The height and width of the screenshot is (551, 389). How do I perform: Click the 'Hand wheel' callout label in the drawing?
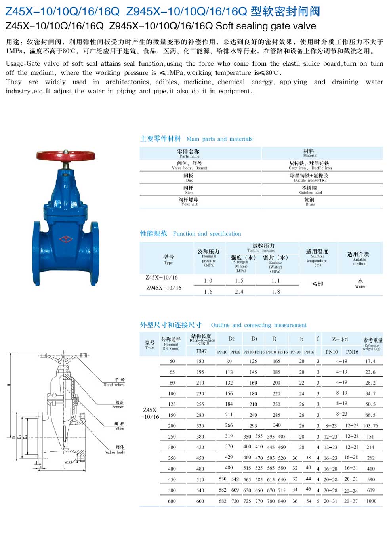click(114, 383)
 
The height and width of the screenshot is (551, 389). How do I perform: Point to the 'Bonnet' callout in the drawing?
click(118, 405)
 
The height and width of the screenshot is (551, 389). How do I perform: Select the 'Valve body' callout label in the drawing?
click(115, 450)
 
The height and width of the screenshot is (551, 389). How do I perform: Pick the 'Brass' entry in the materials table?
click(310, 202)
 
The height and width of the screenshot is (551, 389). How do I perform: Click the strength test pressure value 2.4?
click(239, 292)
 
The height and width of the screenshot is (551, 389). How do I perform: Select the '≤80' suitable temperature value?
click(318, 284)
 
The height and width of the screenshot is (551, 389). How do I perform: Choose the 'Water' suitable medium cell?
click(360, 284)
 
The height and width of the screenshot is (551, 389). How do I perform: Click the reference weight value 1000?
click(371, 501)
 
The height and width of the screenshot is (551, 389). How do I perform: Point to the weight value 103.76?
click(370, 426)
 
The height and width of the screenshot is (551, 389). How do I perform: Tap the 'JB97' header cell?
click(201, 351)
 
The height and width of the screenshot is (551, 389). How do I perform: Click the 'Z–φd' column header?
click(340, 339)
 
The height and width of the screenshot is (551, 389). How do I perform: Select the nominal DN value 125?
click(172, 404)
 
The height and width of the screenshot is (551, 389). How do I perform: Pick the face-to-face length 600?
click(200, 501)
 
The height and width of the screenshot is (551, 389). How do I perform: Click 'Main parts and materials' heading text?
click(219, 139)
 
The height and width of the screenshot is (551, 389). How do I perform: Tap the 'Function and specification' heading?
click(207, 234)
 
